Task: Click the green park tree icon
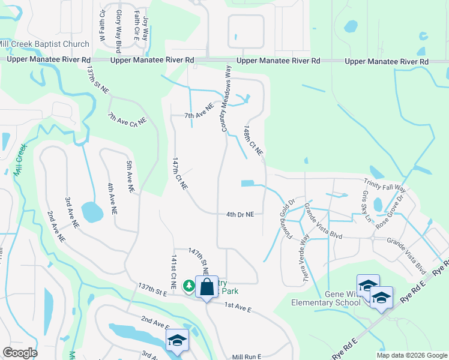click(189, 286)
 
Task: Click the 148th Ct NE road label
click(253, 141)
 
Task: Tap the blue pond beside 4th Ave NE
click(92, 211)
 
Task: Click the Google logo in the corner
click(20, 353)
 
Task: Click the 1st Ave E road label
click(238, 308)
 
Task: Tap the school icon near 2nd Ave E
click(177, 341)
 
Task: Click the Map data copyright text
click(411, 355)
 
